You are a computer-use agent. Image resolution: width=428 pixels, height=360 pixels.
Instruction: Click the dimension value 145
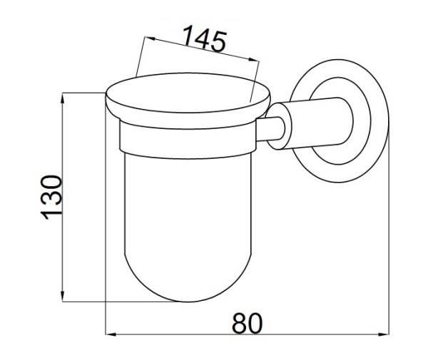click(205, 38)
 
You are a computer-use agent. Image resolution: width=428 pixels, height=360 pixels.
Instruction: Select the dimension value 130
click(51, 197)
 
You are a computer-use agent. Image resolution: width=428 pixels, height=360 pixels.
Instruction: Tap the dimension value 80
click(247, 324)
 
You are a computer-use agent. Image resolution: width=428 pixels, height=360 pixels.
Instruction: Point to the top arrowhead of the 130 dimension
click(63, 98)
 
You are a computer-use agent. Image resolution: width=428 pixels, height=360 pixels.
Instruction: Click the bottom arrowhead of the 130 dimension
click(63, 296)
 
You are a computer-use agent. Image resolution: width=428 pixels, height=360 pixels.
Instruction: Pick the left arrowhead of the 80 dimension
click(111, 334)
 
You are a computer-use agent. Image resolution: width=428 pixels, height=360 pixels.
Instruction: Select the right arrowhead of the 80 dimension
click(384, 334)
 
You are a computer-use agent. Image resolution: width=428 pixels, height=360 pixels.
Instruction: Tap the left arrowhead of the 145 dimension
click(151, 38)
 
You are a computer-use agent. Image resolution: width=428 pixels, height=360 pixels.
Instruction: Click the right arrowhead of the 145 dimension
click(253, 60)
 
